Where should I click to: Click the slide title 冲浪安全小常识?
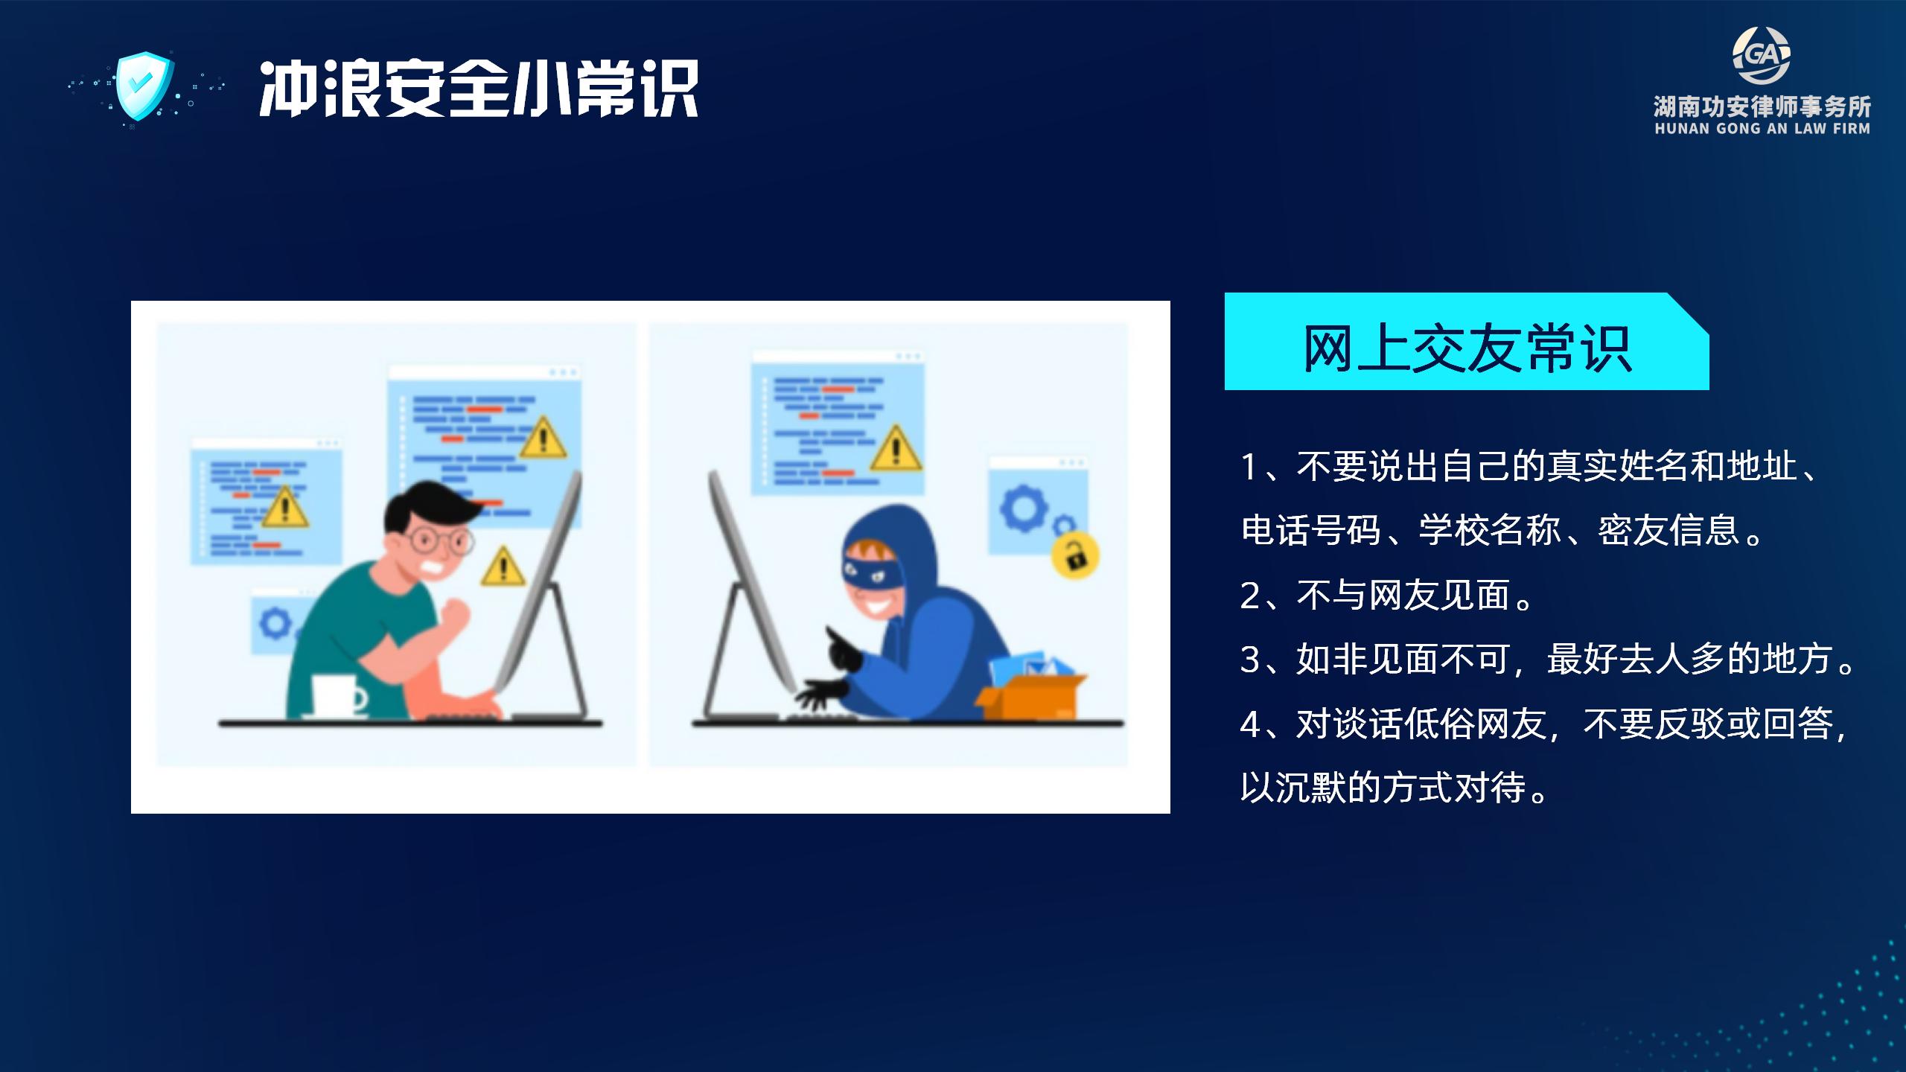(x=479, y=89)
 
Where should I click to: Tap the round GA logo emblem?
(x=1761, y=56)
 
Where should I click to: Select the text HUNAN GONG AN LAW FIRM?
(x=1762, y=129)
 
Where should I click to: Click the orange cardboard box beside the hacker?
(x=1031, y=696)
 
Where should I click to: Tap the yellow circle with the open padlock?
(x=1075, y=555)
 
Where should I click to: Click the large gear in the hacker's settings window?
(x=1023, y=508)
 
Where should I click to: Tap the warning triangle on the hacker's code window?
(x=896, y=449)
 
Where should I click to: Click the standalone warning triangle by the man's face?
(x=503, y=567)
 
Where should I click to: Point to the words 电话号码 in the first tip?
(x=1311, y=531)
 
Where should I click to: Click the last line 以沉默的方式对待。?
(x=1397, y=788)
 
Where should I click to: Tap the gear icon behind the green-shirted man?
(x=275, y=622)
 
